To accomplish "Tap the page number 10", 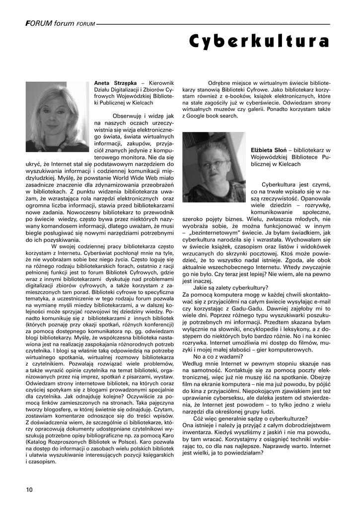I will point(29,489).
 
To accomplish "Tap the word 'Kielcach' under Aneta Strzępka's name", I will point(141,103).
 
